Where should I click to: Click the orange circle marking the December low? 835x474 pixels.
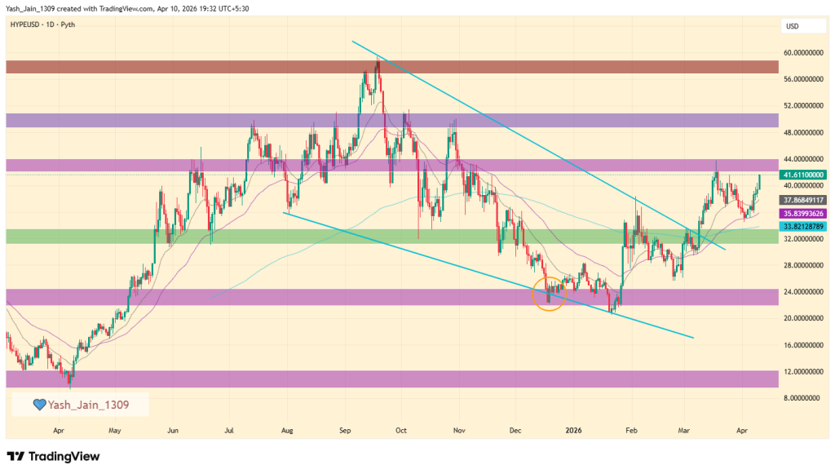click(x=550, y=292)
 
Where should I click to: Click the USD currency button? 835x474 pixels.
click(x=792, y=26)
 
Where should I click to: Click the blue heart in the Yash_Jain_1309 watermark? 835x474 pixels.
click(x=38, y=404)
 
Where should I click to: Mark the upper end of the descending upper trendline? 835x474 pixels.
click(x=352, y=41)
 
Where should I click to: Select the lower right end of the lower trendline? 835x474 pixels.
click(x=694, y=337)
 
